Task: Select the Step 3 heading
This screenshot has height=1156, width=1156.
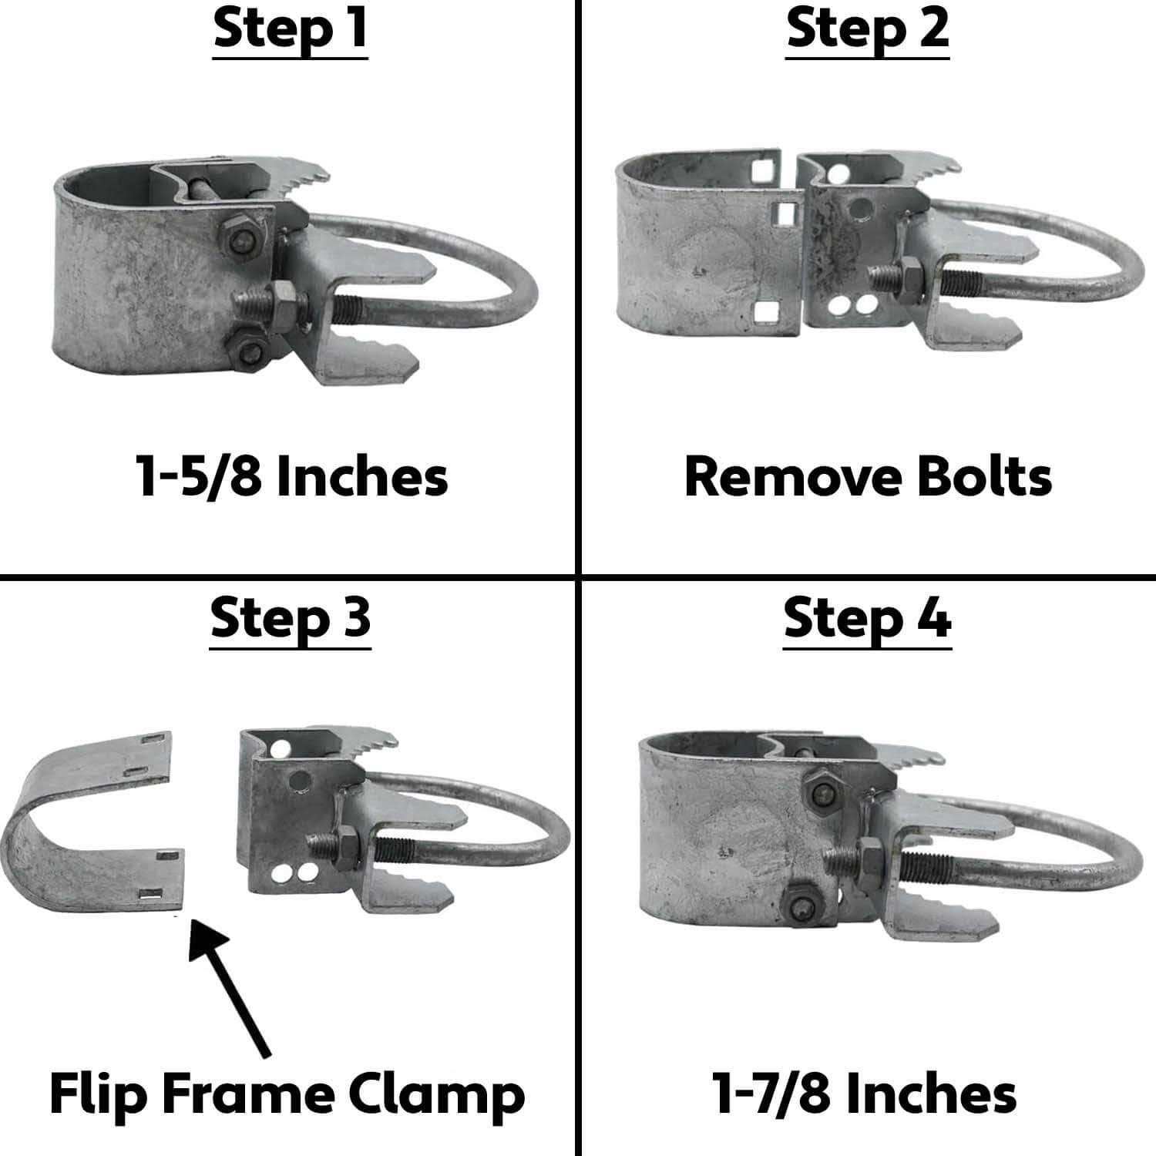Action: [291, 619]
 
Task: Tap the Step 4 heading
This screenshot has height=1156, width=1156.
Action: [867, 619]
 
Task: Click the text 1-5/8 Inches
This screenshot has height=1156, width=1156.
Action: [291, 476]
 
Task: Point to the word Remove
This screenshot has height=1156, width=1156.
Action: [784, 476]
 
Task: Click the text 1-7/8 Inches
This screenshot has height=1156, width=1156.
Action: [864, 1094]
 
